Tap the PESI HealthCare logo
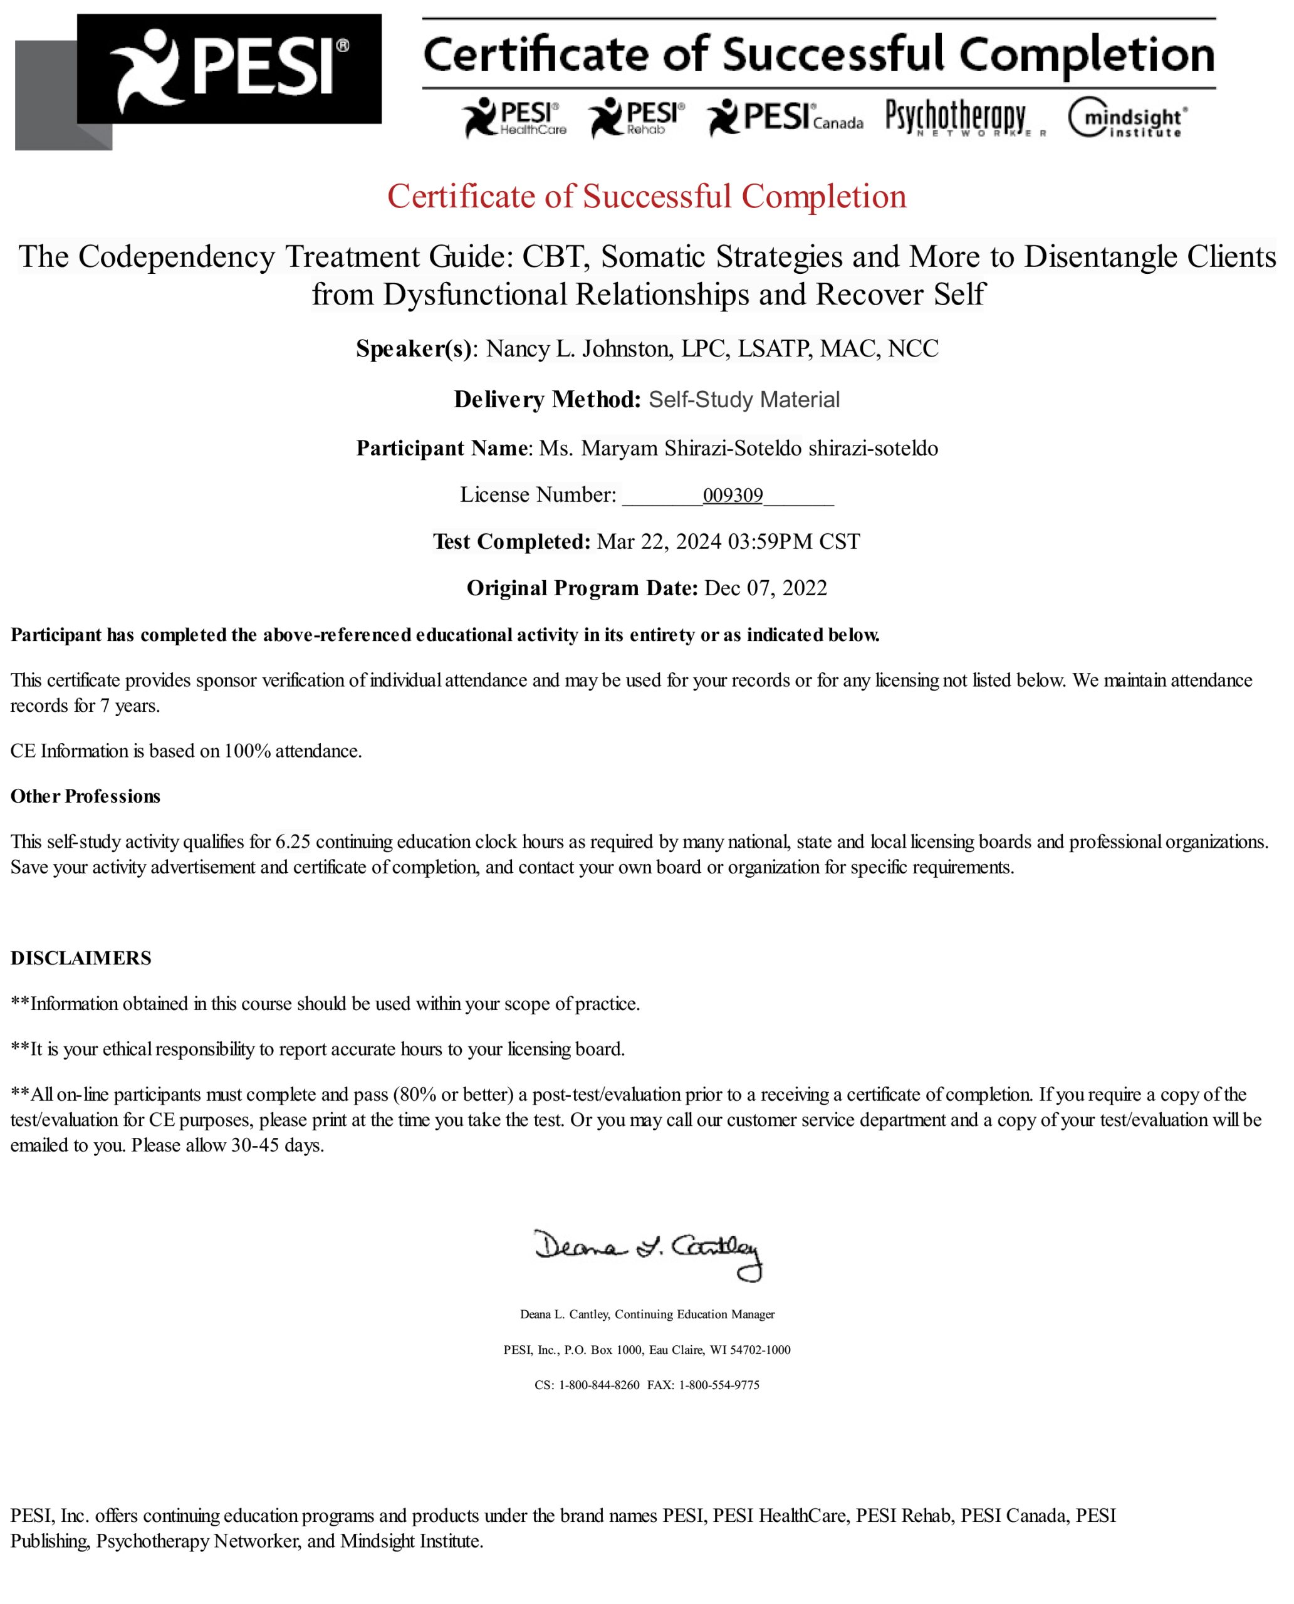[x=514, y=118]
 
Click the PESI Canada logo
[x=785, y=118]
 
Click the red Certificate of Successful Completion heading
[x=646, y=197]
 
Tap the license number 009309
[x=732, y=496]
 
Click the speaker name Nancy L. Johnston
[x=578, y=349]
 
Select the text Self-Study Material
[x=743, y=400]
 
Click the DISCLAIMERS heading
[x=80, y=959]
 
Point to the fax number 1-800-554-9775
[x=719, y=1385]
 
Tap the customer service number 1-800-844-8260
[x=598, y=1385]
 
